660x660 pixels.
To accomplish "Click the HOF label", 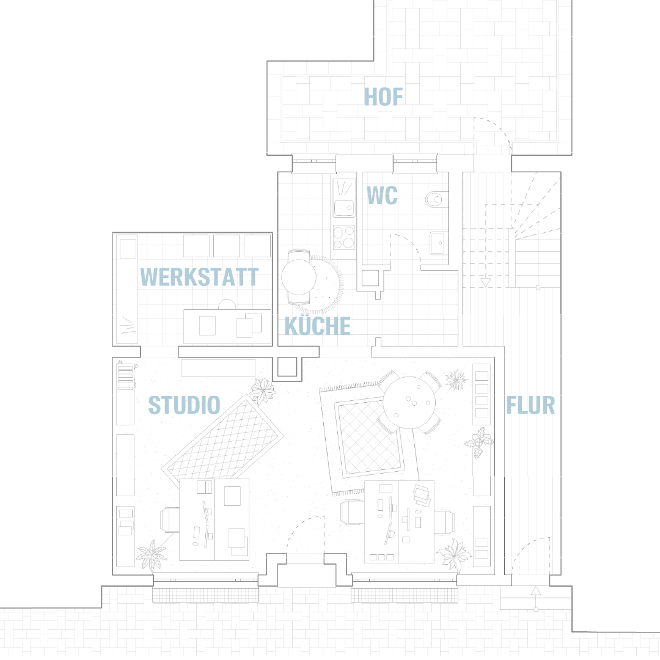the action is point(383,97).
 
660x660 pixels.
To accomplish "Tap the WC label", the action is point(382,196).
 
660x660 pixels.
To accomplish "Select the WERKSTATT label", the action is point(199,277).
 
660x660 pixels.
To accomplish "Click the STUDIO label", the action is point(185,405).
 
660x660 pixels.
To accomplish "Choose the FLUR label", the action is point(530,405).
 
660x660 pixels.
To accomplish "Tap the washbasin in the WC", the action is point(438,243).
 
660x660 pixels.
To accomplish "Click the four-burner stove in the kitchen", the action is point(344,238).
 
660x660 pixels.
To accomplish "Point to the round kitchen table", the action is point(299,277).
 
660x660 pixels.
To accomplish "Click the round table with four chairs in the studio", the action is point(409,403).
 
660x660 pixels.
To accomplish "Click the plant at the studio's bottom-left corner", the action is point(152,555).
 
